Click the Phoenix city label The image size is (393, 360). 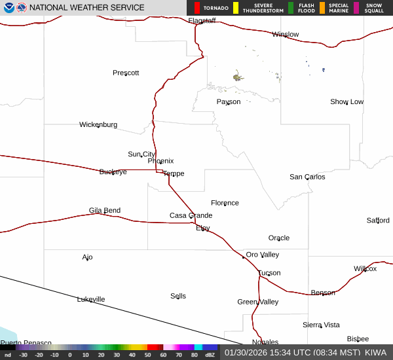(160, 161)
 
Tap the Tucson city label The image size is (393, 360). (269, 273)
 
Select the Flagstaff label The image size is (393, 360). (202, 21)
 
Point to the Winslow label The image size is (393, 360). (286, 35)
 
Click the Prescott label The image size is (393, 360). (126, 73)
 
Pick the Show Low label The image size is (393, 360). (346, 102)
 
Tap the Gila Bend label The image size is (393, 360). (105, 211)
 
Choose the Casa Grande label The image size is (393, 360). (191, 215)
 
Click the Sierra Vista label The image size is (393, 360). (321, 325)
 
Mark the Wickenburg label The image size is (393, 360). (98, 124)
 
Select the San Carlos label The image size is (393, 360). (307, 177)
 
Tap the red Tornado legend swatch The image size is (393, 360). (196, 8)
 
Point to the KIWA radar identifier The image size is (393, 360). (375, 352)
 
